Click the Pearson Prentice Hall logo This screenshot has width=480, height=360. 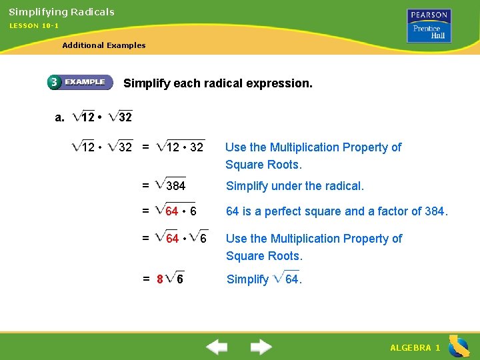click(x=429, y=26)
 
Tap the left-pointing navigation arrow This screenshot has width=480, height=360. click(x=217, y=347)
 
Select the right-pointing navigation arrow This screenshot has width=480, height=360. click(x=261, y=347)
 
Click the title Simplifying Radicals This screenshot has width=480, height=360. click(x=61, y=12)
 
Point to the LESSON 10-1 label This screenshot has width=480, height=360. click(x=34, y=25)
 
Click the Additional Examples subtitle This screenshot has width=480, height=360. click(x=103, y=45)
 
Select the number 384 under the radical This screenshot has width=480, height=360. click(x=176, y=186)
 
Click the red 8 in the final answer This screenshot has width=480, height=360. click(x=160, y=279)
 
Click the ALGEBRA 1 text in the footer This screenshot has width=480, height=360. click(x=415, y=348)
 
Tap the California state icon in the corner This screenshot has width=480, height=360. click(x=458, y=346)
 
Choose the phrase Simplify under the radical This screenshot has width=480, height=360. click(x=295, y=186)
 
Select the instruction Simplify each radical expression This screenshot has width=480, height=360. click(x=218, y=84)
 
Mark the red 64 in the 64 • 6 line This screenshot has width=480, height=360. click(x=172, y=212)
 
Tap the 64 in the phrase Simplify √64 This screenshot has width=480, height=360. click(x=293, y=279)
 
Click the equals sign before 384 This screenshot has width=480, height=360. click(x=145, y=186)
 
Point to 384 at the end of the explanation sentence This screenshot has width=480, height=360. click(x=435, y=212)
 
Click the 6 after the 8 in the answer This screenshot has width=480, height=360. click(x=180, y=279)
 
